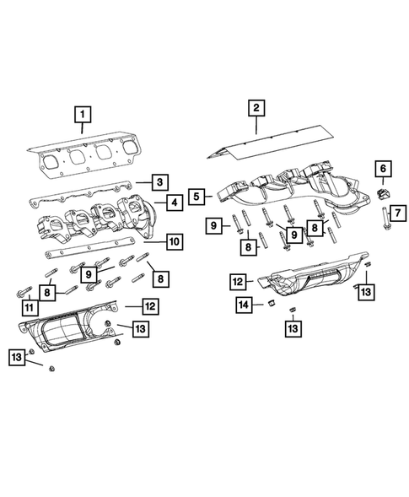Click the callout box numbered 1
pos(82,112)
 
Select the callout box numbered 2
pos(256,107)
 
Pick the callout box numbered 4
pos(172,203)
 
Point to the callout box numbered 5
pos(196,197)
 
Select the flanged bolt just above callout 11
pos(21,292)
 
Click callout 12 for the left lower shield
pos(149,306)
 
